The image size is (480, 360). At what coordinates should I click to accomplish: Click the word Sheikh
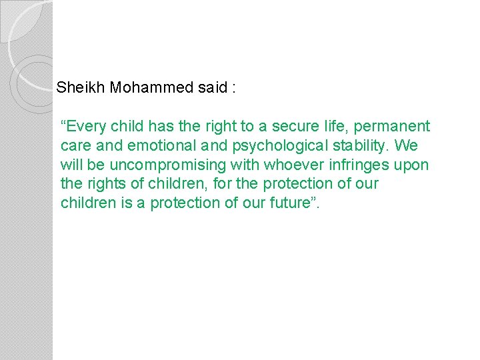click(x=77, y=87)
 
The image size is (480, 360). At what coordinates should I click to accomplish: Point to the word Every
click(x=83, y=126)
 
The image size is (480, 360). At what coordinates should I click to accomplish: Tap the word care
click(x=75, y=145)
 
